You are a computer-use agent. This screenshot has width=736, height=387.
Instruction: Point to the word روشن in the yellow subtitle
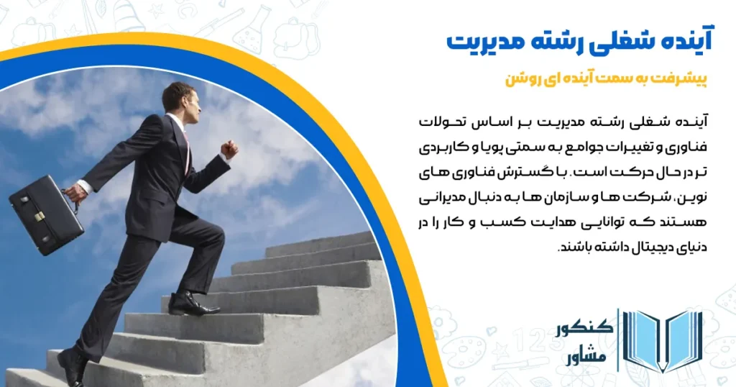(524, 80)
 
